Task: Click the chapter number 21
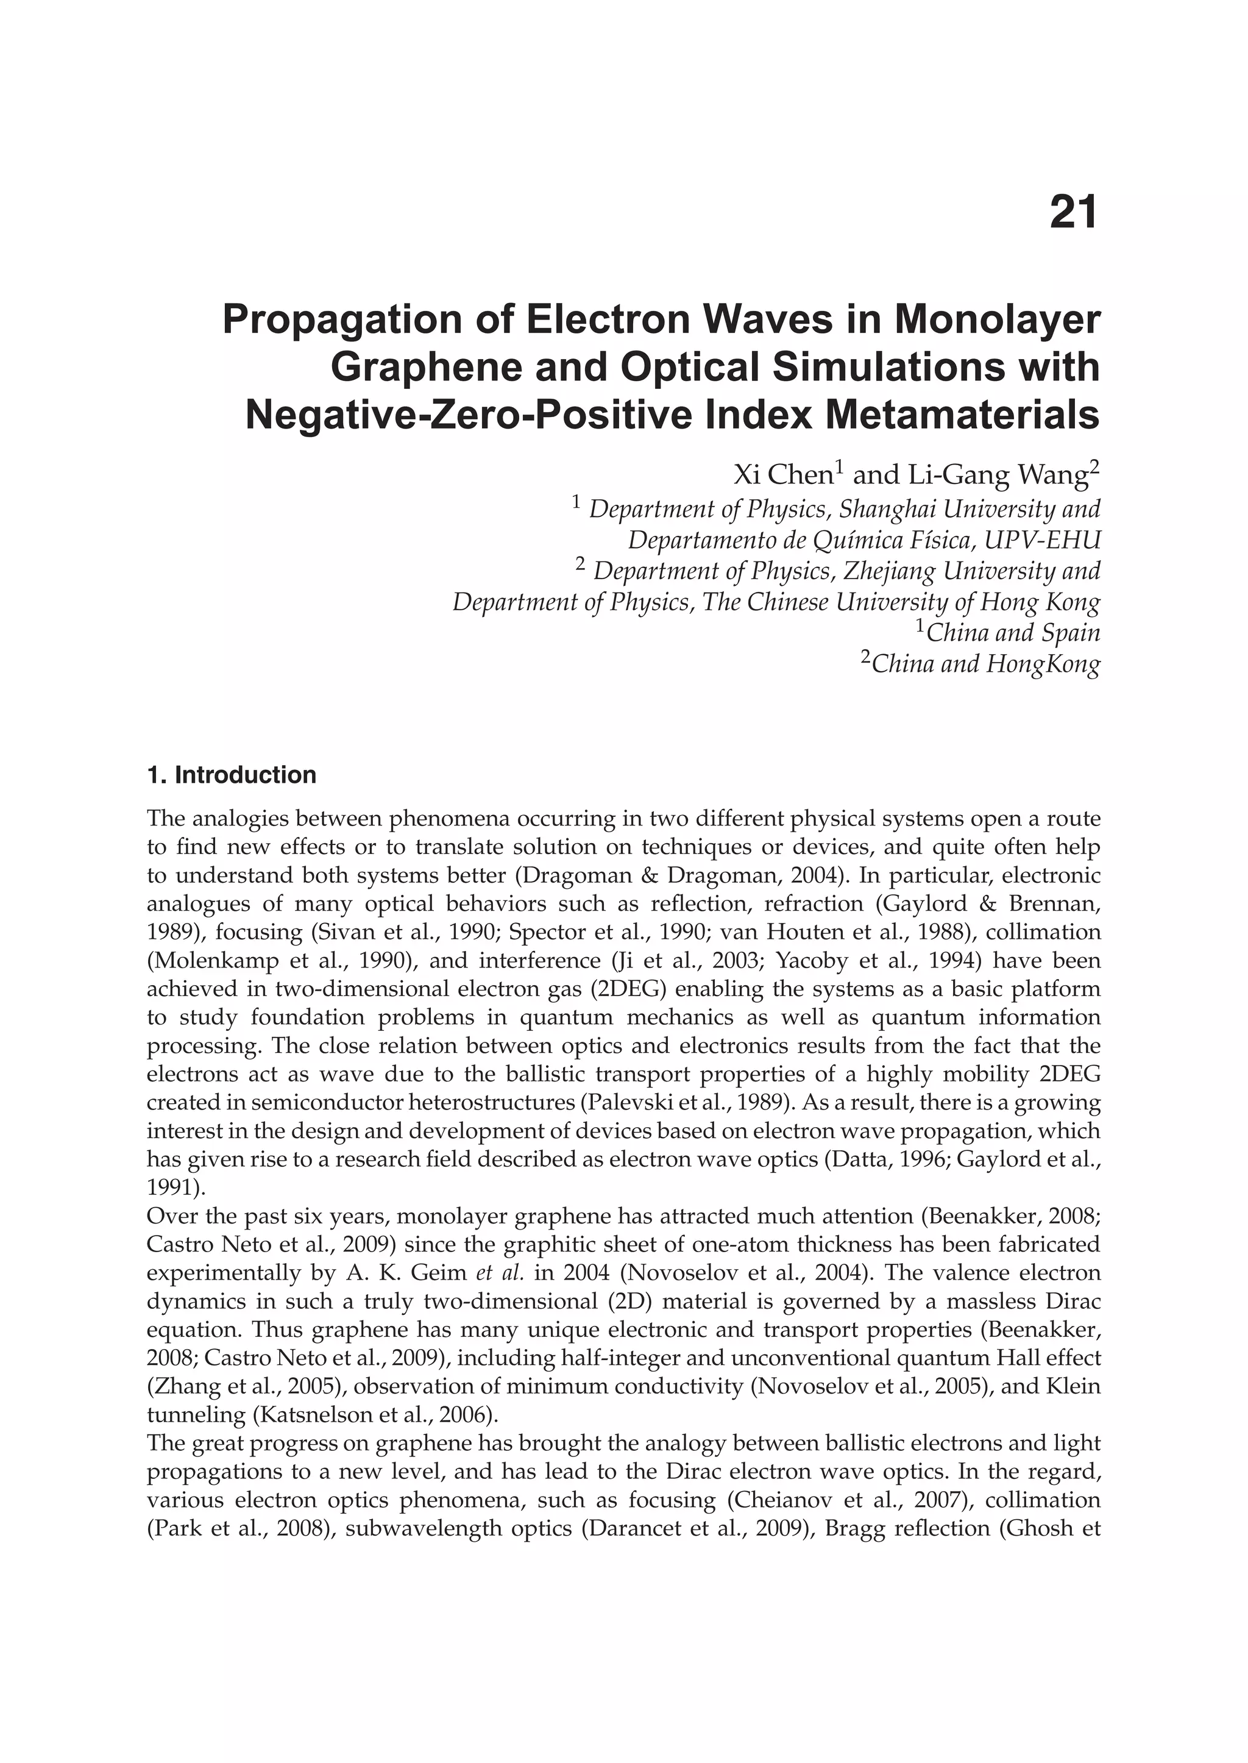[1074, 212]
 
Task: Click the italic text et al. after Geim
[500, 1272]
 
